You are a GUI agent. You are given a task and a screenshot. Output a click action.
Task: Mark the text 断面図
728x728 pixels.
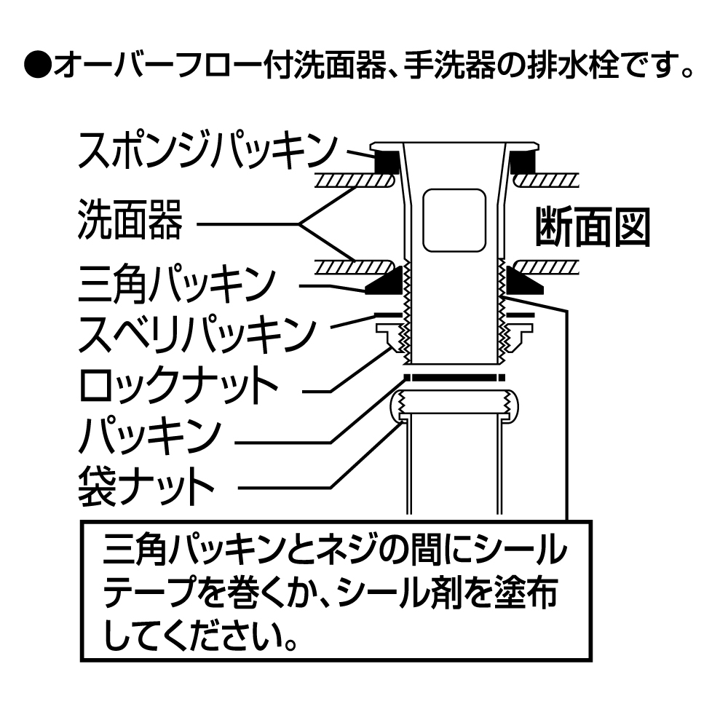coord(591,228)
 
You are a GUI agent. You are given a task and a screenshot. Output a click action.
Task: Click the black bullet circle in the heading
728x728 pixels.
coord(36,68)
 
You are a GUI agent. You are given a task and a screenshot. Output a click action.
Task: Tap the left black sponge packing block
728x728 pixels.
coord(387,162)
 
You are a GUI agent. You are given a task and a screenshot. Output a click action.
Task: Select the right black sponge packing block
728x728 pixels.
coord(522,162)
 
